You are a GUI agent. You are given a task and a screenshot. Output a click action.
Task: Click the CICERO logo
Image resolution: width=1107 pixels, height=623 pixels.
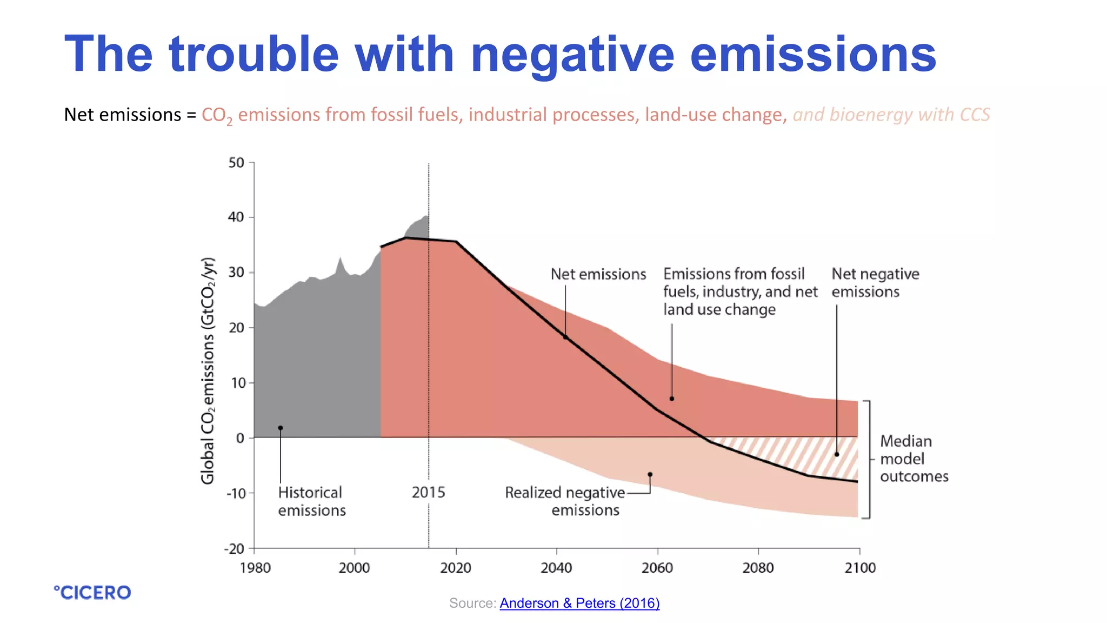(92, 592)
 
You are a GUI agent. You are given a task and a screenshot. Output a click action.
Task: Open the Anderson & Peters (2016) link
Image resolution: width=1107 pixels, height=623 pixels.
(579, 603)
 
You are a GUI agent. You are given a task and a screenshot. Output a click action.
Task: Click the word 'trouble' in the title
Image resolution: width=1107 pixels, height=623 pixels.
(254, 54)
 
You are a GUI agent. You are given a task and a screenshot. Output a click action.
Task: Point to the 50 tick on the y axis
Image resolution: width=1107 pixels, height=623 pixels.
(236, 163)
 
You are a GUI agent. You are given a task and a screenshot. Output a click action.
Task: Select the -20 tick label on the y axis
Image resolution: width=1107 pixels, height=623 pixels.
(235, 549)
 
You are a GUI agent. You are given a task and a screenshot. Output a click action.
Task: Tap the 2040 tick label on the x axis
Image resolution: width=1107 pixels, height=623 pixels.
(556, 568)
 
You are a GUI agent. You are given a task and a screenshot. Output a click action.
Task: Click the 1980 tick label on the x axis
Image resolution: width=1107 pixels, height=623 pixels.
(255, 568)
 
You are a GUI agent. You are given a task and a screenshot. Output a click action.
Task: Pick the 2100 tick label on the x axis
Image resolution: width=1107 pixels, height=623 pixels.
(860, 568)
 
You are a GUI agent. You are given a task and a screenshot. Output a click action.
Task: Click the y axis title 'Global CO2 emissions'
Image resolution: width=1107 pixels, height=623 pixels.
(208, 371)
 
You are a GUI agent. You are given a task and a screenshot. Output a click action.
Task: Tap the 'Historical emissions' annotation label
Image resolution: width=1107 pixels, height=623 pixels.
(311, 501)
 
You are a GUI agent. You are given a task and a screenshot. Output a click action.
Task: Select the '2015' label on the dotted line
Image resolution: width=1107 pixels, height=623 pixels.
(428, 492)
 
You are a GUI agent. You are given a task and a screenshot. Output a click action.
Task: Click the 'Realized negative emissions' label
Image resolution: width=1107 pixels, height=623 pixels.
(565, 501)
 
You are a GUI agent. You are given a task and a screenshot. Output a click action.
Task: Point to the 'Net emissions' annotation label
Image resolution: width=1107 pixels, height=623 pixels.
(598, 274)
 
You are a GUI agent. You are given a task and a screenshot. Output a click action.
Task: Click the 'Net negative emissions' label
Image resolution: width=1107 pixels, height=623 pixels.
(875, 283)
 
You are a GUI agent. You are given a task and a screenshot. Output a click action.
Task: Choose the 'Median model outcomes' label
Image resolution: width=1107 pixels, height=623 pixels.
(913, 459)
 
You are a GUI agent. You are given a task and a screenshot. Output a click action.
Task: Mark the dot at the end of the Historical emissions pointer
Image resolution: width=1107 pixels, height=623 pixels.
(280, 428)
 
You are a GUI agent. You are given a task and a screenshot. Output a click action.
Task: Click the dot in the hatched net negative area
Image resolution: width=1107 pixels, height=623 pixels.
(837, 454)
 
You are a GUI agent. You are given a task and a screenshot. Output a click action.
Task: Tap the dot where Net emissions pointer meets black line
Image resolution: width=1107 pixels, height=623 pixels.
(565, 337)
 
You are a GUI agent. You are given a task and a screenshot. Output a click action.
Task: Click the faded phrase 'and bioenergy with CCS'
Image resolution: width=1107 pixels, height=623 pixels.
(891, 115)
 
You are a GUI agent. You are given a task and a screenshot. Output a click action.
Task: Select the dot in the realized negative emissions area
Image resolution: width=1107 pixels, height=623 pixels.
(650, 474)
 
